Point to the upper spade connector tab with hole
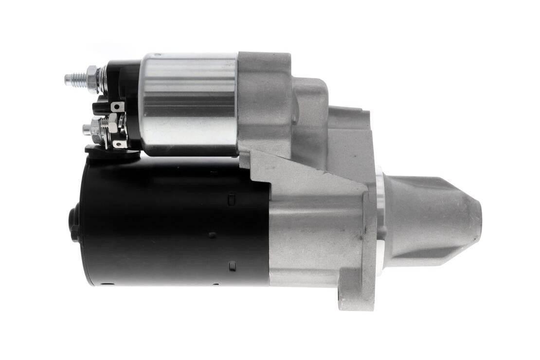point(117,107)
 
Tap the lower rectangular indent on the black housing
point(232,266)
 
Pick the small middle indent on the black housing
point(212,235)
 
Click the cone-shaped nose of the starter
point(428,221)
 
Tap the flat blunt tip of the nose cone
point(478,221)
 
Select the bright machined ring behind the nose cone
point(380,219)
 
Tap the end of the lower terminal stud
point(86,129)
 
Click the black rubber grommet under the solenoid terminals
point(109,150)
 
